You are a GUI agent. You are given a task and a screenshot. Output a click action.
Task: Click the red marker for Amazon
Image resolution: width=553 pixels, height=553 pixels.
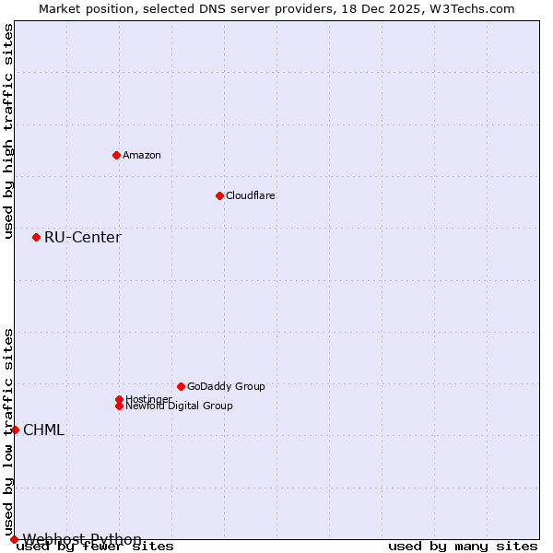point(116,155)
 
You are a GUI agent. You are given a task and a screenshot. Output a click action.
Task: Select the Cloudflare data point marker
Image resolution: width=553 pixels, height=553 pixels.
point(219,195)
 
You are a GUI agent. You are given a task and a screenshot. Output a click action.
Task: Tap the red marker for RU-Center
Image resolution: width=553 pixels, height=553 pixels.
point(36,237)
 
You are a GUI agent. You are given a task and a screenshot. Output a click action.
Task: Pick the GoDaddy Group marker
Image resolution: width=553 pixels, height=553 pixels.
point(181,386)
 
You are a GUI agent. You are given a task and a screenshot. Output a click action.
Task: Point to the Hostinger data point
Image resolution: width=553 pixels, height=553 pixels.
point(119,399)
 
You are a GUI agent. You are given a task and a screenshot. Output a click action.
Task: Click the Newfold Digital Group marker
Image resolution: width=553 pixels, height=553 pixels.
point(119,406)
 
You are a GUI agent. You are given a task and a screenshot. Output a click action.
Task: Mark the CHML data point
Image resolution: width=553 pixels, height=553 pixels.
point(15,429)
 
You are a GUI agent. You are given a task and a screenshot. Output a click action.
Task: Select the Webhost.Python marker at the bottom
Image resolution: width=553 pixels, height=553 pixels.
point(14,539)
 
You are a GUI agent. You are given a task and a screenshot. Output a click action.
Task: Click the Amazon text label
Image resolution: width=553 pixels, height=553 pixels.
point(142,155)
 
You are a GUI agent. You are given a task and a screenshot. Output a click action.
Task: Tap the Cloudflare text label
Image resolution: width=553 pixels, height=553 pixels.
point(251,195)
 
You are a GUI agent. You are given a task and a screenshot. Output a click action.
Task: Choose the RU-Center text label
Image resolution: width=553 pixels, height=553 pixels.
point(83,238)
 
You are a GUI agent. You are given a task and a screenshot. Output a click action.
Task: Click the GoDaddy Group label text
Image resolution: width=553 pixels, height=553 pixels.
point(226,386)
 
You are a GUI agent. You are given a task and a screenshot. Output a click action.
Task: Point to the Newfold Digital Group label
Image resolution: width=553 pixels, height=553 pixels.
point(179,406)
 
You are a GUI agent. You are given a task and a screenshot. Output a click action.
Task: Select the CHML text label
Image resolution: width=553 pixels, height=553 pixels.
point(43,430)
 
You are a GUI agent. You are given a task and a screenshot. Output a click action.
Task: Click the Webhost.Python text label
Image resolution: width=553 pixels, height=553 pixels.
point(82,539)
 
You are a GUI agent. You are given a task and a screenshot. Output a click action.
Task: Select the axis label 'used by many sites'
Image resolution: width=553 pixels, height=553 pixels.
point(463,547)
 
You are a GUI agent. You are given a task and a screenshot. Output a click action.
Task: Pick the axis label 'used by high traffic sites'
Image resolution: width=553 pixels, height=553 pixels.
point(8,131)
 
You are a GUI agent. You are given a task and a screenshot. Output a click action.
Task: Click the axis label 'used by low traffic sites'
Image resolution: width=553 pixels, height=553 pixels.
point(8,431)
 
